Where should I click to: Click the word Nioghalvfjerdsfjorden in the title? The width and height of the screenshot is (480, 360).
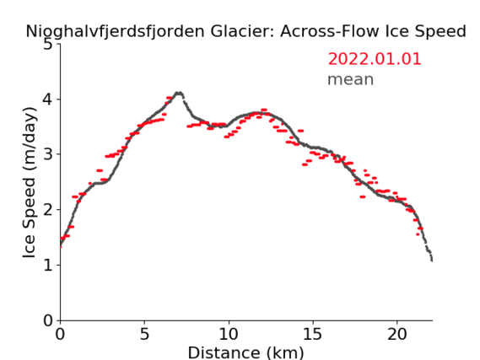click(x=115, y=31)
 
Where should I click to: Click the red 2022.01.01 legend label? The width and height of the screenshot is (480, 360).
click(x=375, y=59)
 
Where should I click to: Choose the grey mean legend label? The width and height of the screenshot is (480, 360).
click(x=351, y=79)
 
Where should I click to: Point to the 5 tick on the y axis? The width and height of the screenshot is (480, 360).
click(x=48, y=45)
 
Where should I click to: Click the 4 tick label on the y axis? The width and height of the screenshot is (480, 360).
click(x=48, y=99)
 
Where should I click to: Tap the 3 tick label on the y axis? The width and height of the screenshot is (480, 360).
click(x=48, y=154)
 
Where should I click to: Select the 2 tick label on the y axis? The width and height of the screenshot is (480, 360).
click(x=48, y=210)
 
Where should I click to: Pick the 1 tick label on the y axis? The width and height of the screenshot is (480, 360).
click(x=48, y=266)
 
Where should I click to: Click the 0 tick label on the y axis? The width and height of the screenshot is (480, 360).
click(x=48, y=320)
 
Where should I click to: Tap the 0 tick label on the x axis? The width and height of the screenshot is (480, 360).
click(x=60, y=335)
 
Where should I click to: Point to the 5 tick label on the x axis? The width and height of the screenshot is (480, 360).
click(x=144, y=335)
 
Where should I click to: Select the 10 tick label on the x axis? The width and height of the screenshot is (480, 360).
click(x=229, y=335)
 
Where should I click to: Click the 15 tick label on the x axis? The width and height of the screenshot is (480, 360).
click(x=313, y=335)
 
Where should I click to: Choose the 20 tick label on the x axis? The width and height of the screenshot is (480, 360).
click(x=397, y=335)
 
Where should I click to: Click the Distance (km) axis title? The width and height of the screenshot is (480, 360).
click(x=245, y=353)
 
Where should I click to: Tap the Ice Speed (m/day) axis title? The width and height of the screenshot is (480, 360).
click(x=30, y=183)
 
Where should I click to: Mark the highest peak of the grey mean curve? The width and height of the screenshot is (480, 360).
click(x=178, y=93)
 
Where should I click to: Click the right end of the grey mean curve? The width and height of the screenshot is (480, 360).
click(x=432, y=261)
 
